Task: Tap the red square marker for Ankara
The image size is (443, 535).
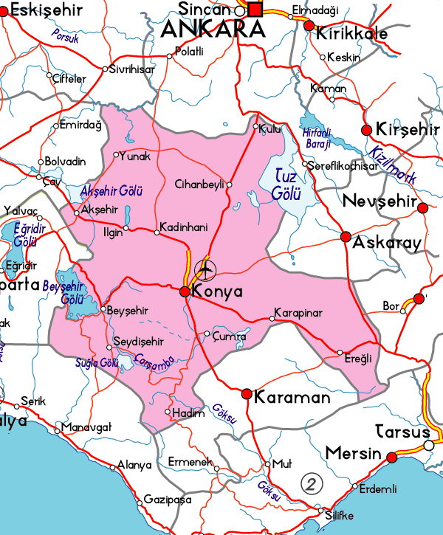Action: tap(255, 10)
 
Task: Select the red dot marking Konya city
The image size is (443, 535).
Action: tap(185, 292)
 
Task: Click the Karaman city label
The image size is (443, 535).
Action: tap(292, 398)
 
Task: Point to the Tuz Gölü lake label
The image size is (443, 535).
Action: tap(286, 184)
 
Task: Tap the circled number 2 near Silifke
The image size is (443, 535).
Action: tap(313, 484)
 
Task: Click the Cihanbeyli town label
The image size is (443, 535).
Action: tap(199, 184)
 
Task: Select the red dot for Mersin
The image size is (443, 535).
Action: tap(392, 458)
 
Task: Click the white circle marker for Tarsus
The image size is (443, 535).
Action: tap(428, 446)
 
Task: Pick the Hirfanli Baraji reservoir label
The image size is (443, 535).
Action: tap(319, 138)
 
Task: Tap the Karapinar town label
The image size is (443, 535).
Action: tap(298, 313)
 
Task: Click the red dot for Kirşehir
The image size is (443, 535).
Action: tap(365, 130)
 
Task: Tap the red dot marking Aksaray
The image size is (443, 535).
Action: tap(346, 237)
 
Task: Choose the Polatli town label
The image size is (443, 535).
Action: tap(188, 52)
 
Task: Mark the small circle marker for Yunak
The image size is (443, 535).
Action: tap(115, 155)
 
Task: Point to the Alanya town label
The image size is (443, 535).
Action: tap(134, 466)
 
